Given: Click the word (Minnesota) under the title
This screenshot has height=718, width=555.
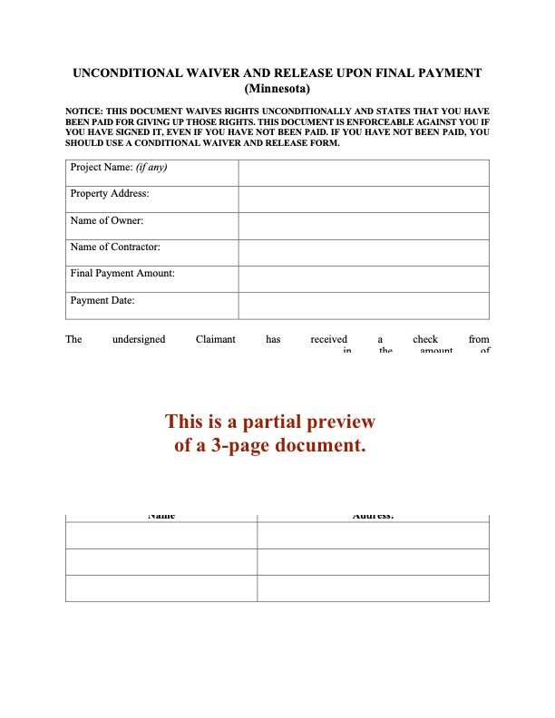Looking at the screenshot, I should pyautogui.click(x=277, y=89).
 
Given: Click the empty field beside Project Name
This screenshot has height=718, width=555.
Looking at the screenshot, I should pyautogui.click(x=364, y=173).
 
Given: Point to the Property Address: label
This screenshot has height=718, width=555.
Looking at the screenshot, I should pyautogui.click(x=110, y=194).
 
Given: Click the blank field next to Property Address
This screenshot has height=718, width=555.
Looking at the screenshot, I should pyautogui.click(x=364, y=199).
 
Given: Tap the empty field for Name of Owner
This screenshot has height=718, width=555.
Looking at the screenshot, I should pyautogui.click(x=364, y=226).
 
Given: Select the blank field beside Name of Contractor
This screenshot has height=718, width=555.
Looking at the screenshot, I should pyautogui.click(x=364, y=253).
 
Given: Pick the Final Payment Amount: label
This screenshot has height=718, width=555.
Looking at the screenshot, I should pyautogui.click(x=122, y=273).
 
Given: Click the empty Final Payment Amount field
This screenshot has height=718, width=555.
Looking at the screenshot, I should pyautogui.click(x=364, y=279).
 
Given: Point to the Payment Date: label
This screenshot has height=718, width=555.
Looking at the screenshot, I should pyautogui.click(x=102, y=299).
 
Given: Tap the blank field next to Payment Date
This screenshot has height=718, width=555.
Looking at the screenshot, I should pyautogui.click(x=364, y=306).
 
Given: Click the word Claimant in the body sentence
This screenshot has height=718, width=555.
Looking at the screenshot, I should pyautogui.click(x=216, y=340).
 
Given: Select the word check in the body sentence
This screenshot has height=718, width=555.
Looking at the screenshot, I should pyautogui.click(x=425, y=340).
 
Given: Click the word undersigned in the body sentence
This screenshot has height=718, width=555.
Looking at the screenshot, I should pyautogui.click(x=139, y=340).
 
